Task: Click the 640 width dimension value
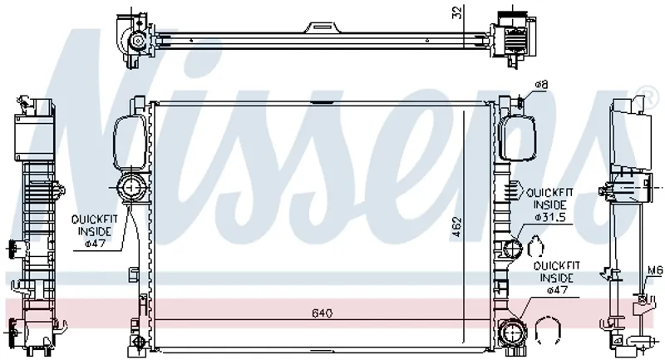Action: [323, 313]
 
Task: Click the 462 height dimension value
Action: [456, 229]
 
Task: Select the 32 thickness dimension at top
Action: [457, 12]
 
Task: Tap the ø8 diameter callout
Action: [541, 85]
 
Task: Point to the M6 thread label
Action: [655, 269]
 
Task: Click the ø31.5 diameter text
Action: [550, 217]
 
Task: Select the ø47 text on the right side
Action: [557, 290]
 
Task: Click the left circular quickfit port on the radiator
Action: [131, 187]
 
